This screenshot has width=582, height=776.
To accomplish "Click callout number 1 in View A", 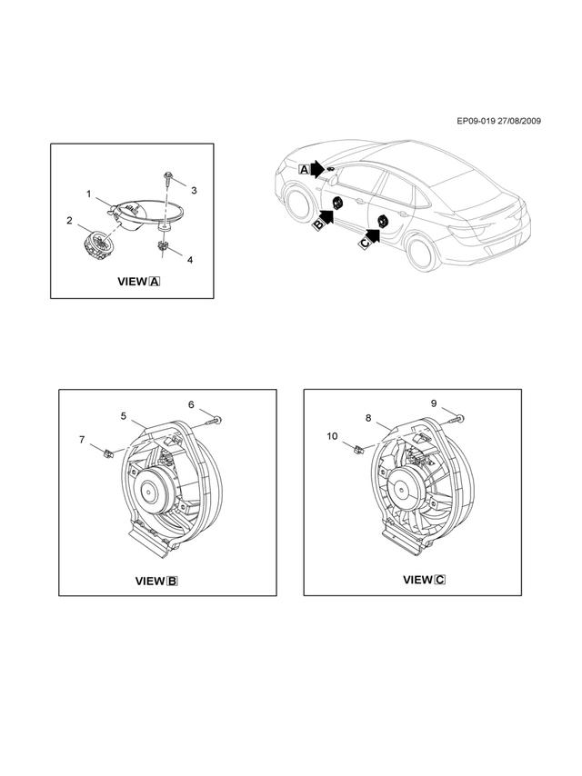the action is coord(89,194).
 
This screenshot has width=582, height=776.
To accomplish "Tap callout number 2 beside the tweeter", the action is coord(70,220).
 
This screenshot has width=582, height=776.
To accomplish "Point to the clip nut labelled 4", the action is coord(163,245).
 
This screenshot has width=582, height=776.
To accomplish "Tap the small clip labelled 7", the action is coord(107,453).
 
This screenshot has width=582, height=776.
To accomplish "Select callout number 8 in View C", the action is coord(368,418).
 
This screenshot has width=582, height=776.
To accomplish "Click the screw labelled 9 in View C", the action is coord(457,419).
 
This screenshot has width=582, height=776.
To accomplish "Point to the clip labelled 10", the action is coord(358,450).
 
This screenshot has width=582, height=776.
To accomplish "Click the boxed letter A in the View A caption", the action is coord(155,282).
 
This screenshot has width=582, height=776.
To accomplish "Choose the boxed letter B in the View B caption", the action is coord(173,581).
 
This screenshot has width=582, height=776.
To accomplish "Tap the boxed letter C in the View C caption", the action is coord(440,580).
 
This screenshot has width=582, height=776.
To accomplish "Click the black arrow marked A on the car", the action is coord(316,170).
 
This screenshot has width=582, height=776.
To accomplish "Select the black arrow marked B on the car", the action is coord(326,217).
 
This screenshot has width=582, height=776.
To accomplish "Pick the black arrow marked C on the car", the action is coord(372,236).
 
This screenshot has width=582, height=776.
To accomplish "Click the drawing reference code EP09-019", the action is coord(476,121).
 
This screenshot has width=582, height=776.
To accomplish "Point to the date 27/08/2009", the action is coord(519,121).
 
